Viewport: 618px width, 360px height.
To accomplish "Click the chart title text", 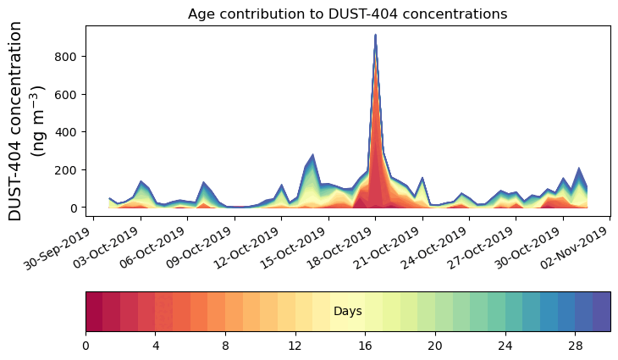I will click(x=347, y=14).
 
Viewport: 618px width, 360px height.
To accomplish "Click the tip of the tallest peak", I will click(x=375, y=36).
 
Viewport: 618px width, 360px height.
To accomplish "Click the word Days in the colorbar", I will click(x=348, y=312).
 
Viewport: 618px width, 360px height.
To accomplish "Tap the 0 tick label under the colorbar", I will click(x=86, y=346).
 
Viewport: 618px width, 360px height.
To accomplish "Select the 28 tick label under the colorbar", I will click(x=575, y=346).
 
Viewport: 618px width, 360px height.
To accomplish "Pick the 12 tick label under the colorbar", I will click(x=295, y=346).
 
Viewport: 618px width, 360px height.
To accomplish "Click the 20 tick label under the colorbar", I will click(x=435, y=346).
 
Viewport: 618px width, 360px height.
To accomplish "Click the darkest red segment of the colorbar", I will click(x=94, y=312).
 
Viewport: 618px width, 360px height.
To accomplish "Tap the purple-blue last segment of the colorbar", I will click(x=601, y=312).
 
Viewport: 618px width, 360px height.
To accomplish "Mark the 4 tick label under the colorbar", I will click(x=156, y=346).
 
